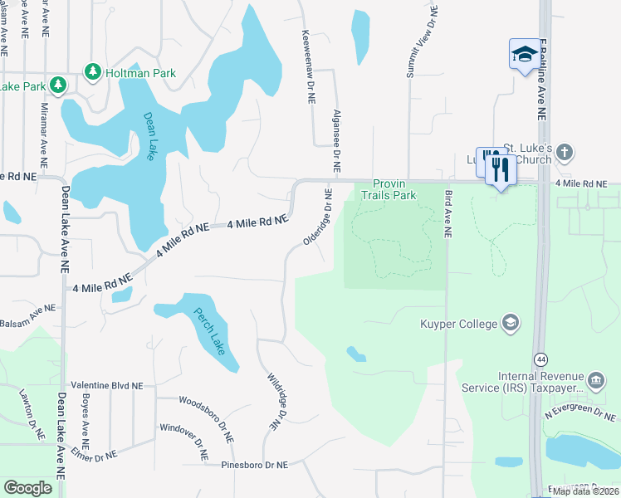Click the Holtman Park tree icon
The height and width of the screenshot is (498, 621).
[92, 73]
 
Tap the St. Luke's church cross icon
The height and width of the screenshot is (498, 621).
[565, 153]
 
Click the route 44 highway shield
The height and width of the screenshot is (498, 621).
[541, 359]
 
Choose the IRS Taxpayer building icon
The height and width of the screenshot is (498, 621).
[595, 382]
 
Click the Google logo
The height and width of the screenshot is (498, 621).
[28, 487]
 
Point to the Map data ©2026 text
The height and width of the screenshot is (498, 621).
[585, 491]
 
